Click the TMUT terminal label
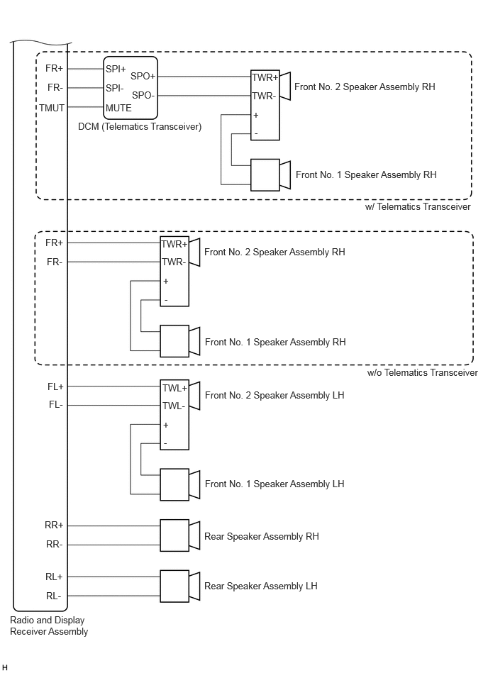(x=52, y=108)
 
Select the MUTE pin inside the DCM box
(x=118, y=109)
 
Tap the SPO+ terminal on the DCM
(x=143, y=76)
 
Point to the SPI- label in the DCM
(x=115, y=88)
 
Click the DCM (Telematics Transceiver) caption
(x=140, y=127)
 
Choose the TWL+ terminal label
(x=174, y=388)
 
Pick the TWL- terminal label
(x=174, y=406)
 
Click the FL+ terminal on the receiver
(x=55, y=386)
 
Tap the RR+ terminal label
(x=54, y=525)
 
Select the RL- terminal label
(x=54, y=596)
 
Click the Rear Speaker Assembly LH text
(x=260, y=586)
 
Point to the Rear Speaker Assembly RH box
(x=174, y=535)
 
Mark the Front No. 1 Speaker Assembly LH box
(x=174, y=484)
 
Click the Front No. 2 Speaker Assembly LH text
(x=274, y=395)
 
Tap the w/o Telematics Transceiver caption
(x=422, y=372)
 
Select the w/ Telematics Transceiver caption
(x=418, y=206)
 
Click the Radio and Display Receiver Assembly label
(x=49, y=625)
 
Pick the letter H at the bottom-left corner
(x=5, y=667)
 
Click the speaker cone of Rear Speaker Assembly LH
(x=194, y=586)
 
